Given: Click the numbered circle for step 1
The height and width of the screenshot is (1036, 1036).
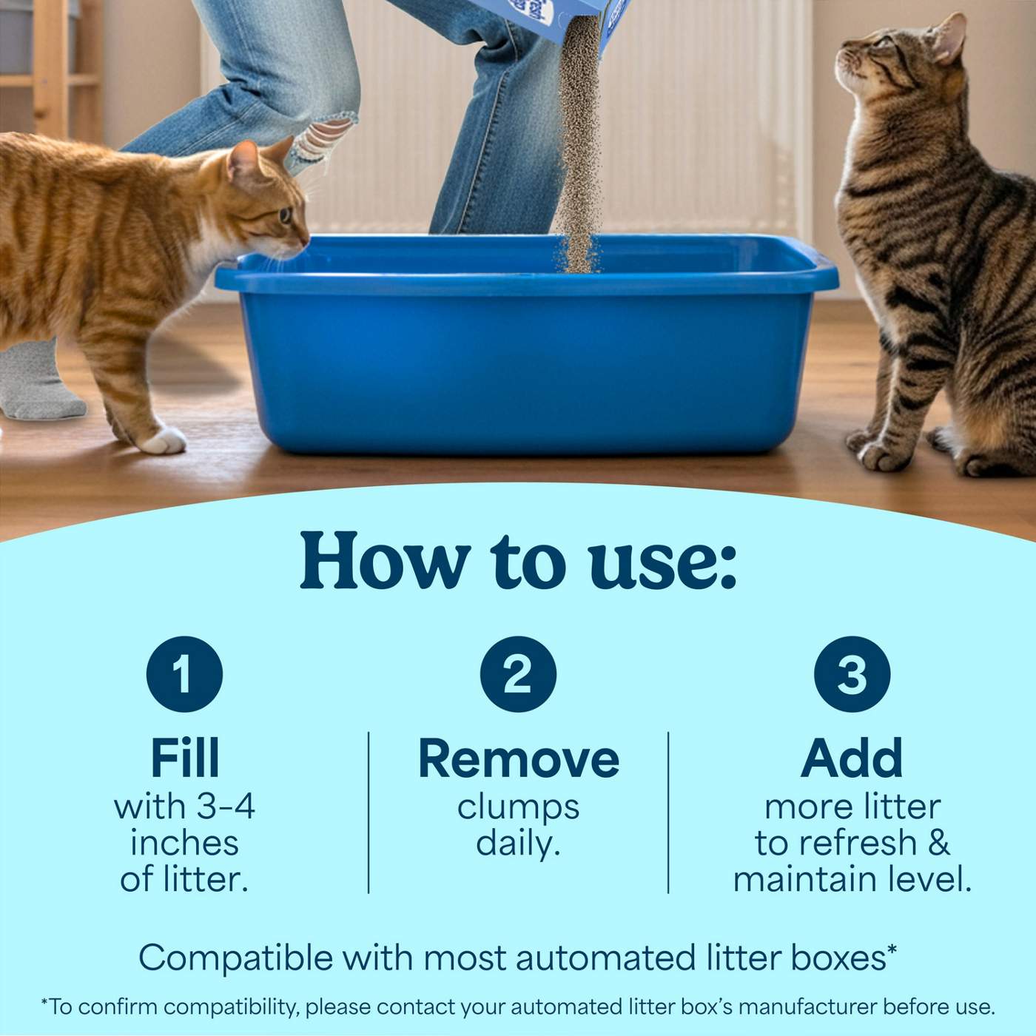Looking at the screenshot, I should [184, 674].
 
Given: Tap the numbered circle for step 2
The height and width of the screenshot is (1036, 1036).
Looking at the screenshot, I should [518, 674].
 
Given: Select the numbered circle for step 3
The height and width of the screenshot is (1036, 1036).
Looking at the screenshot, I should [852, 674].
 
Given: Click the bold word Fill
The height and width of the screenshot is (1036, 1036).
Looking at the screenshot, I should [184, 758].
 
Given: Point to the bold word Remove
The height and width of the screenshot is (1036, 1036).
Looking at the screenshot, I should [518, 758].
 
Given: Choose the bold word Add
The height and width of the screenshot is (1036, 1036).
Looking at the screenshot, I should [852, 758].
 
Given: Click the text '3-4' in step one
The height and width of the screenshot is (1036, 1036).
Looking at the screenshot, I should [223, 807].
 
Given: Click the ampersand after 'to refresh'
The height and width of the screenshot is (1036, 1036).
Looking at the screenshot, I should [938, 843].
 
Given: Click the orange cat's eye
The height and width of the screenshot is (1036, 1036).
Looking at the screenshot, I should [284, 215].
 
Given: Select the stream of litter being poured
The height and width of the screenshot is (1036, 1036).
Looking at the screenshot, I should [577, 148].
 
